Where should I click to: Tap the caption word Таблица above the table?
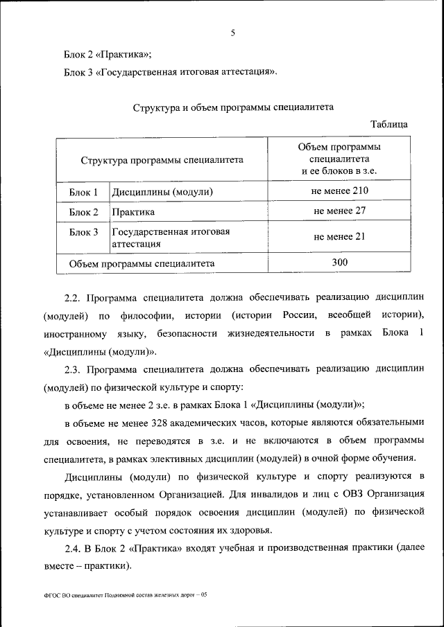[x=389, y=125]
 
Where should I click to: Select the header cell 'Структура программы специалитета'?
[x=162, y=159]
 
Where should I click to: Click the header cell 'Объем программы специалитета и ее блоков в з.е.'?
[x=339, y=159]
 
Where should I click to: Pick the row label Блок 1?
[x=83, y=191]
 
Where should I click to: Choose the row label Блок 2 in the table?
[x=83, y=212]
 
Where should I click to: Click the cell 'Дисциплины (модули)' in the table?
[x=162, y=191]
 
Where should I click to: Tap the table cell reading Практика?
[x=133, y=212]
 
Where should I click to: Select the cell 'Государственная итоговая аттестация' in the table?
[x=171, y=238]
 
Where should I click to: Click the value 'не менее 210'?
[x=339, y=191]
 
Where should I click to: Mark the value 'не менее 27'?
[x=339, y=211]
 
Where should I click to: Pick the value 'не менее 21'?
[x=339, y=236]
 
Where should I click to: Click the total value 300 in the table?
[x=339, y=262]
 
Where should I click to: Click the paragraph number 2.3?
[x=73, y=369]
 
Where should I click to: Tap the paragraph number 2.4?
[x=73, y=549]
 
